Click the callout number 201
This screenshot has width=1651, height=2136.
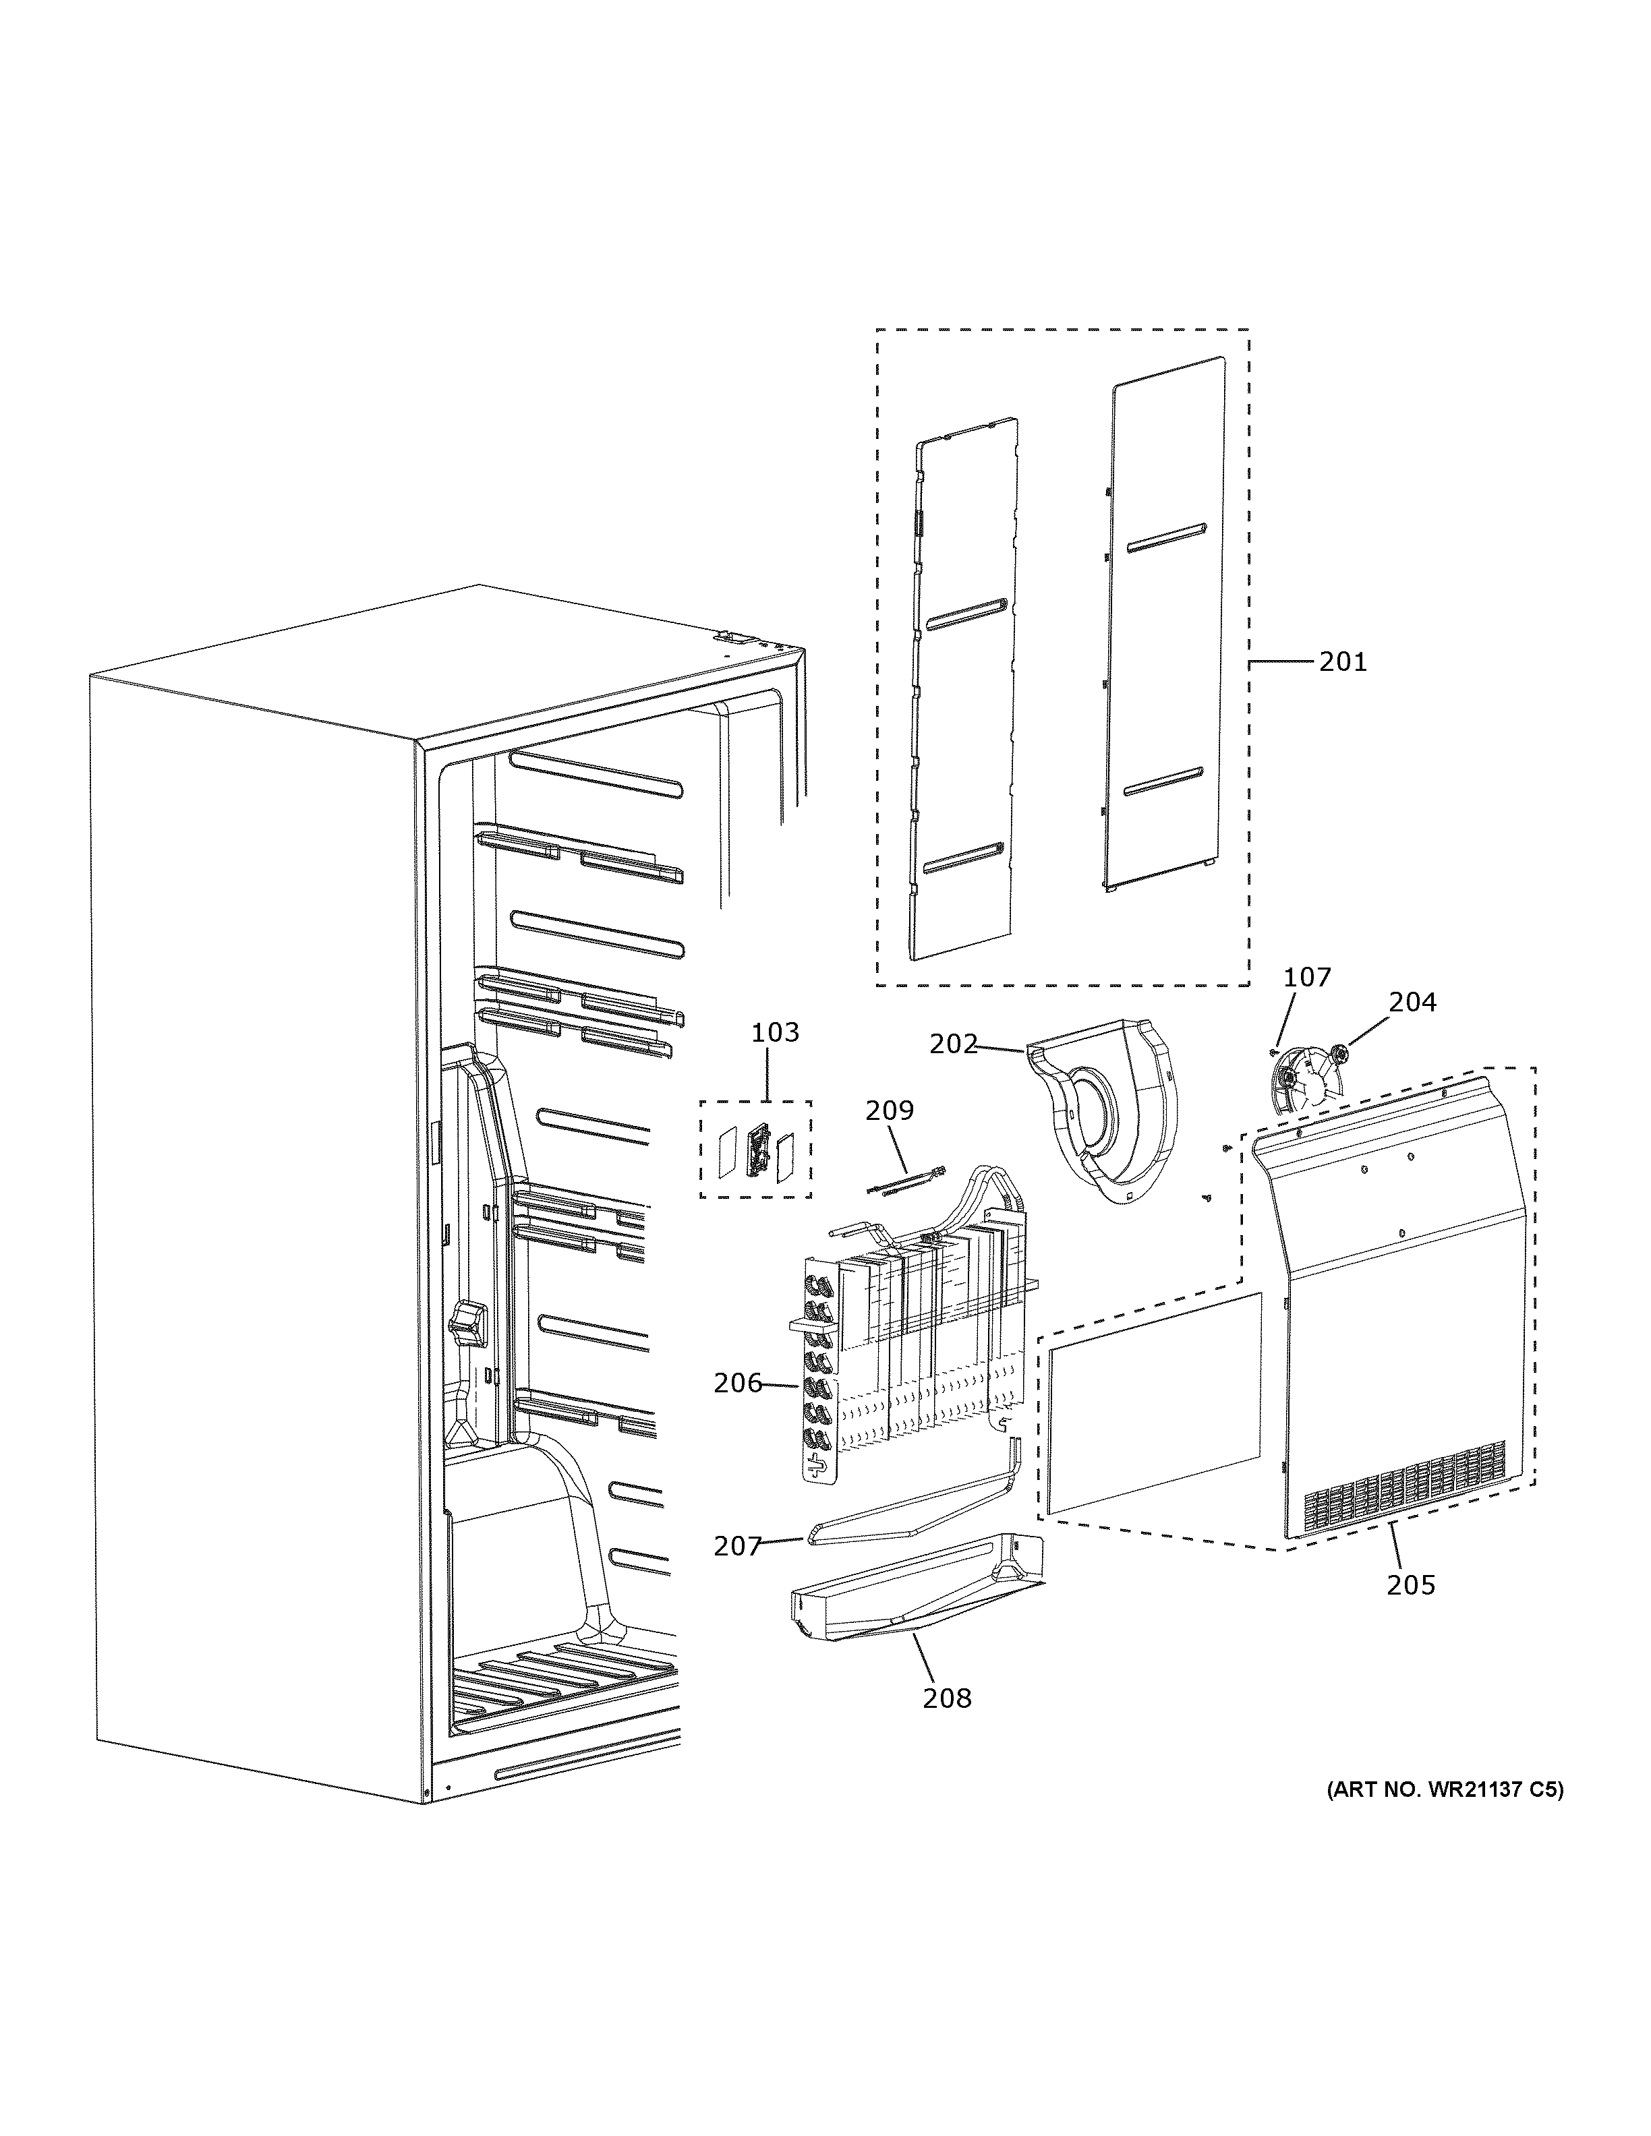[x=1342, y=662]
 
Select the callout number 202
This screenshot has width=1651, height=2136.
[x=953, y=1044]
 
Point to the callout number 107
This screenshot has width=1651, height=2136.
[x=1307, y=976]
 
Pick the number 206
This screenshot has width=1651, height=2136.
[x=737, y=1382]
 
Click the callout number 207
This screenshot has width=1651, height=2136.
[x=737, y=1545]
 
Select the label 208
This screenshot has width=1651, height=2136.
[x=947, y=1698]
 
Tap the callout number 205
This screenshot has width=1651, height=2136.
[x=1410, y=1584]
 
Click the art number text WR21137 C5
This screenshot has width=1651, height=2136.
[x=1445, y=1790]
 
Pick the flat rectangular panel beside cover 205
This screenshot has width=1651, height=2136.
[x=1154, y=1404]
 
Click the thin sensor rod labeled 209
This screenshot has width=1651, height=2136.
[x=904, y=1179]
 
